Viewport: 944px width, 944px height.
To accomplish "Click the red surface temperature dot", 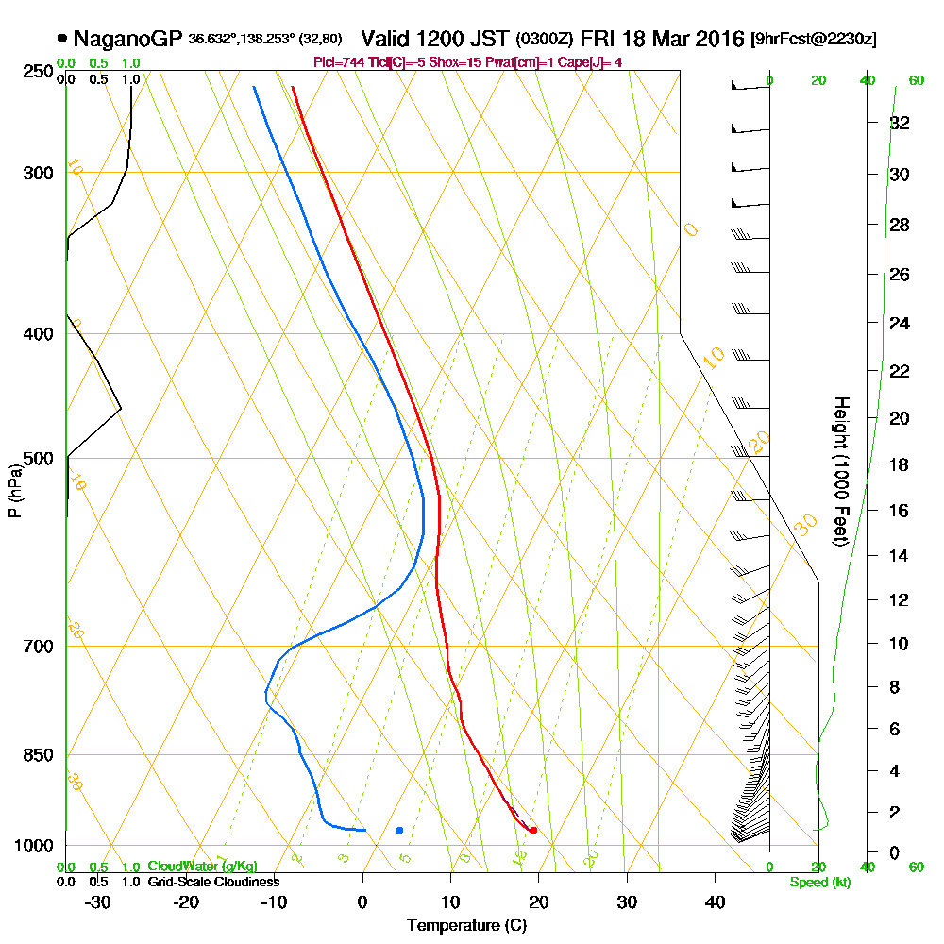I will [x=533, y=831].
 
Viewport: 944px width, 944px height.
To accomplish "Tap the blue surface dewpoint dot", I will [x=399, y=831].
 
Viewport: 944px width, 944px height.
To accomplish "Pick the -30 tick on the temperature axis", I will [x=97, y=902].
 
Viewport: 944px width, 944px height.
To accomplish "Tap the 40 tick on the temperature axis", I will [x=715, y=902].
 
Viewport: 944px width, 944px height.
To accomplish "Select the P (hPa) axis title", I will [x=14, y=491].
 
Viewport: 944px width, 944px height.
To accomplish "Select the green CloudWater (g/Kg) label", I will [x=201, y=867].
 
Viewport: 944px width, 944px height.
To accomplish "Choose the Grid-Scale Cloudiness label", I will [x=212, y=882].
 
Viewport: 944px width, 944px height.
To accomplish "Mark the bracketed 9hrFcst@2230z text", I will [x=814, y=40].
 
